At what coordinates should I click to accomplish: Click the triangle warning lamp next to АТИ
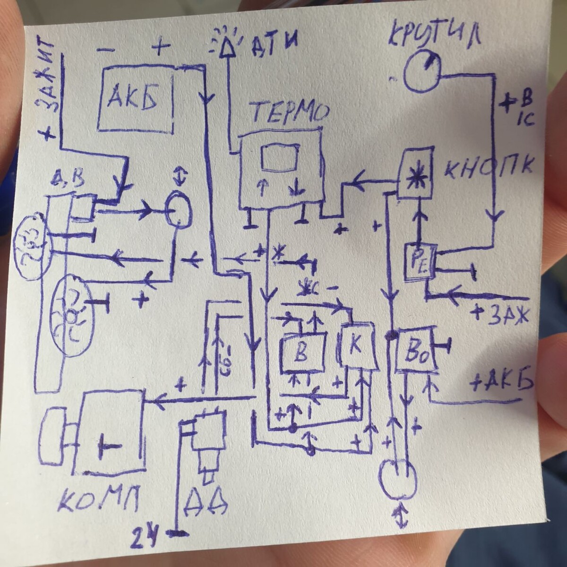coord(228,44)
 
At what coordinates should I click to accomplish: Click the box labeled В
coord(301,353)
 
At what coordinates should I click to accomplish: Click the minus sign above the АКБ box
coord(105,48)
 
